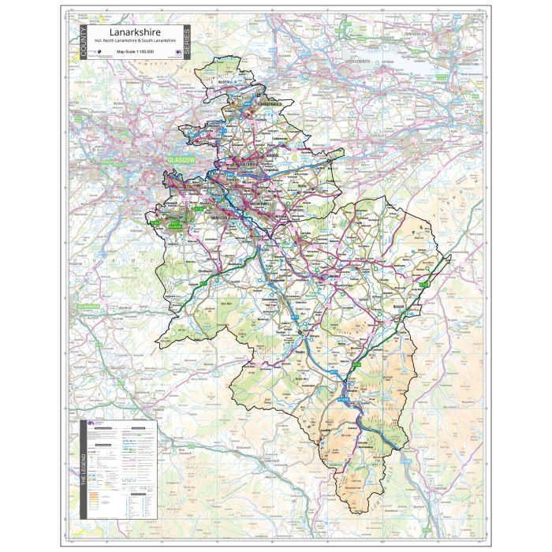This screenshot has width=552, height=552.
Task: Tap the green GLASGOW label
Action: point(181,160)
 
